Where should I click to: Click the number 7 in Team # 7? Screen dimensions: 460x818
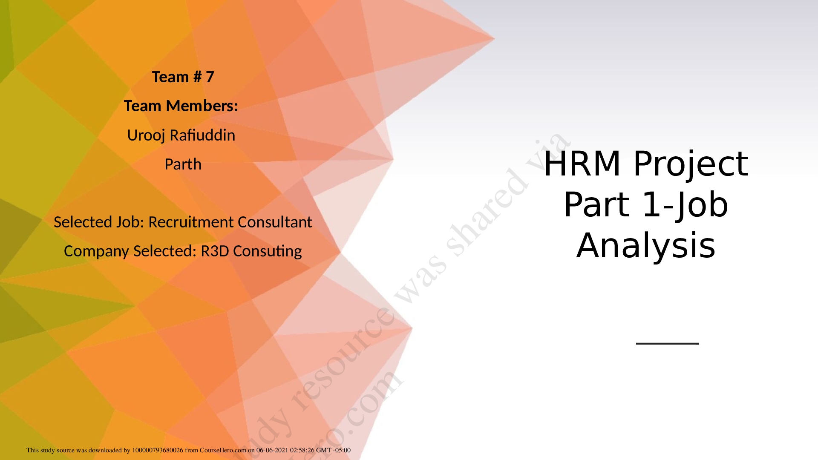210,77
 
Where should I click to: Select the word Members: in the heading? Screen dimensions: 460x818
202,106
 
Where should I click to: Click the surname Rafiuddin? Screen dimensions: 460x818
202,135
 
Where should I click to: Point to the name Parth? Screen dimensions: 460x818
183,164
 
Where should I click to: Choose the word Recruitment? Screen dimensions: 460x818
191,222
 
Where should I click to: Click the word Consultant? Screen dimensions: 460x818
275,222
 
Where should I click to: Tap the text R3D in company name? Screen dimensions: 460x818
215,251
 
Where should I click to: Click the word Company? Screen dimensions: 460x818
97,251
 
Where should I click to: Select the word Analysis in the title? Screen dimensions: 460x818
646,246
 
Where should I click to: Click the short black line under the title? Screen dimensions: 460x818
667,343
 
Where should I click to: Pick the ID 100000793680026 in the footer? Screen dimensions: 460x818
158,450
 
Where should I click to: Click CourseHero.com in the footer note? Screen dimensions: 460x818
223,450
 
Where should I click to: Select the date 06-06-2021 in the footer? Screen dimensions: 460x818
272,450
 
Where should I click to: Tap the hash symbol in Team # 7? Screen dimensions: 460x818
197,77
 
